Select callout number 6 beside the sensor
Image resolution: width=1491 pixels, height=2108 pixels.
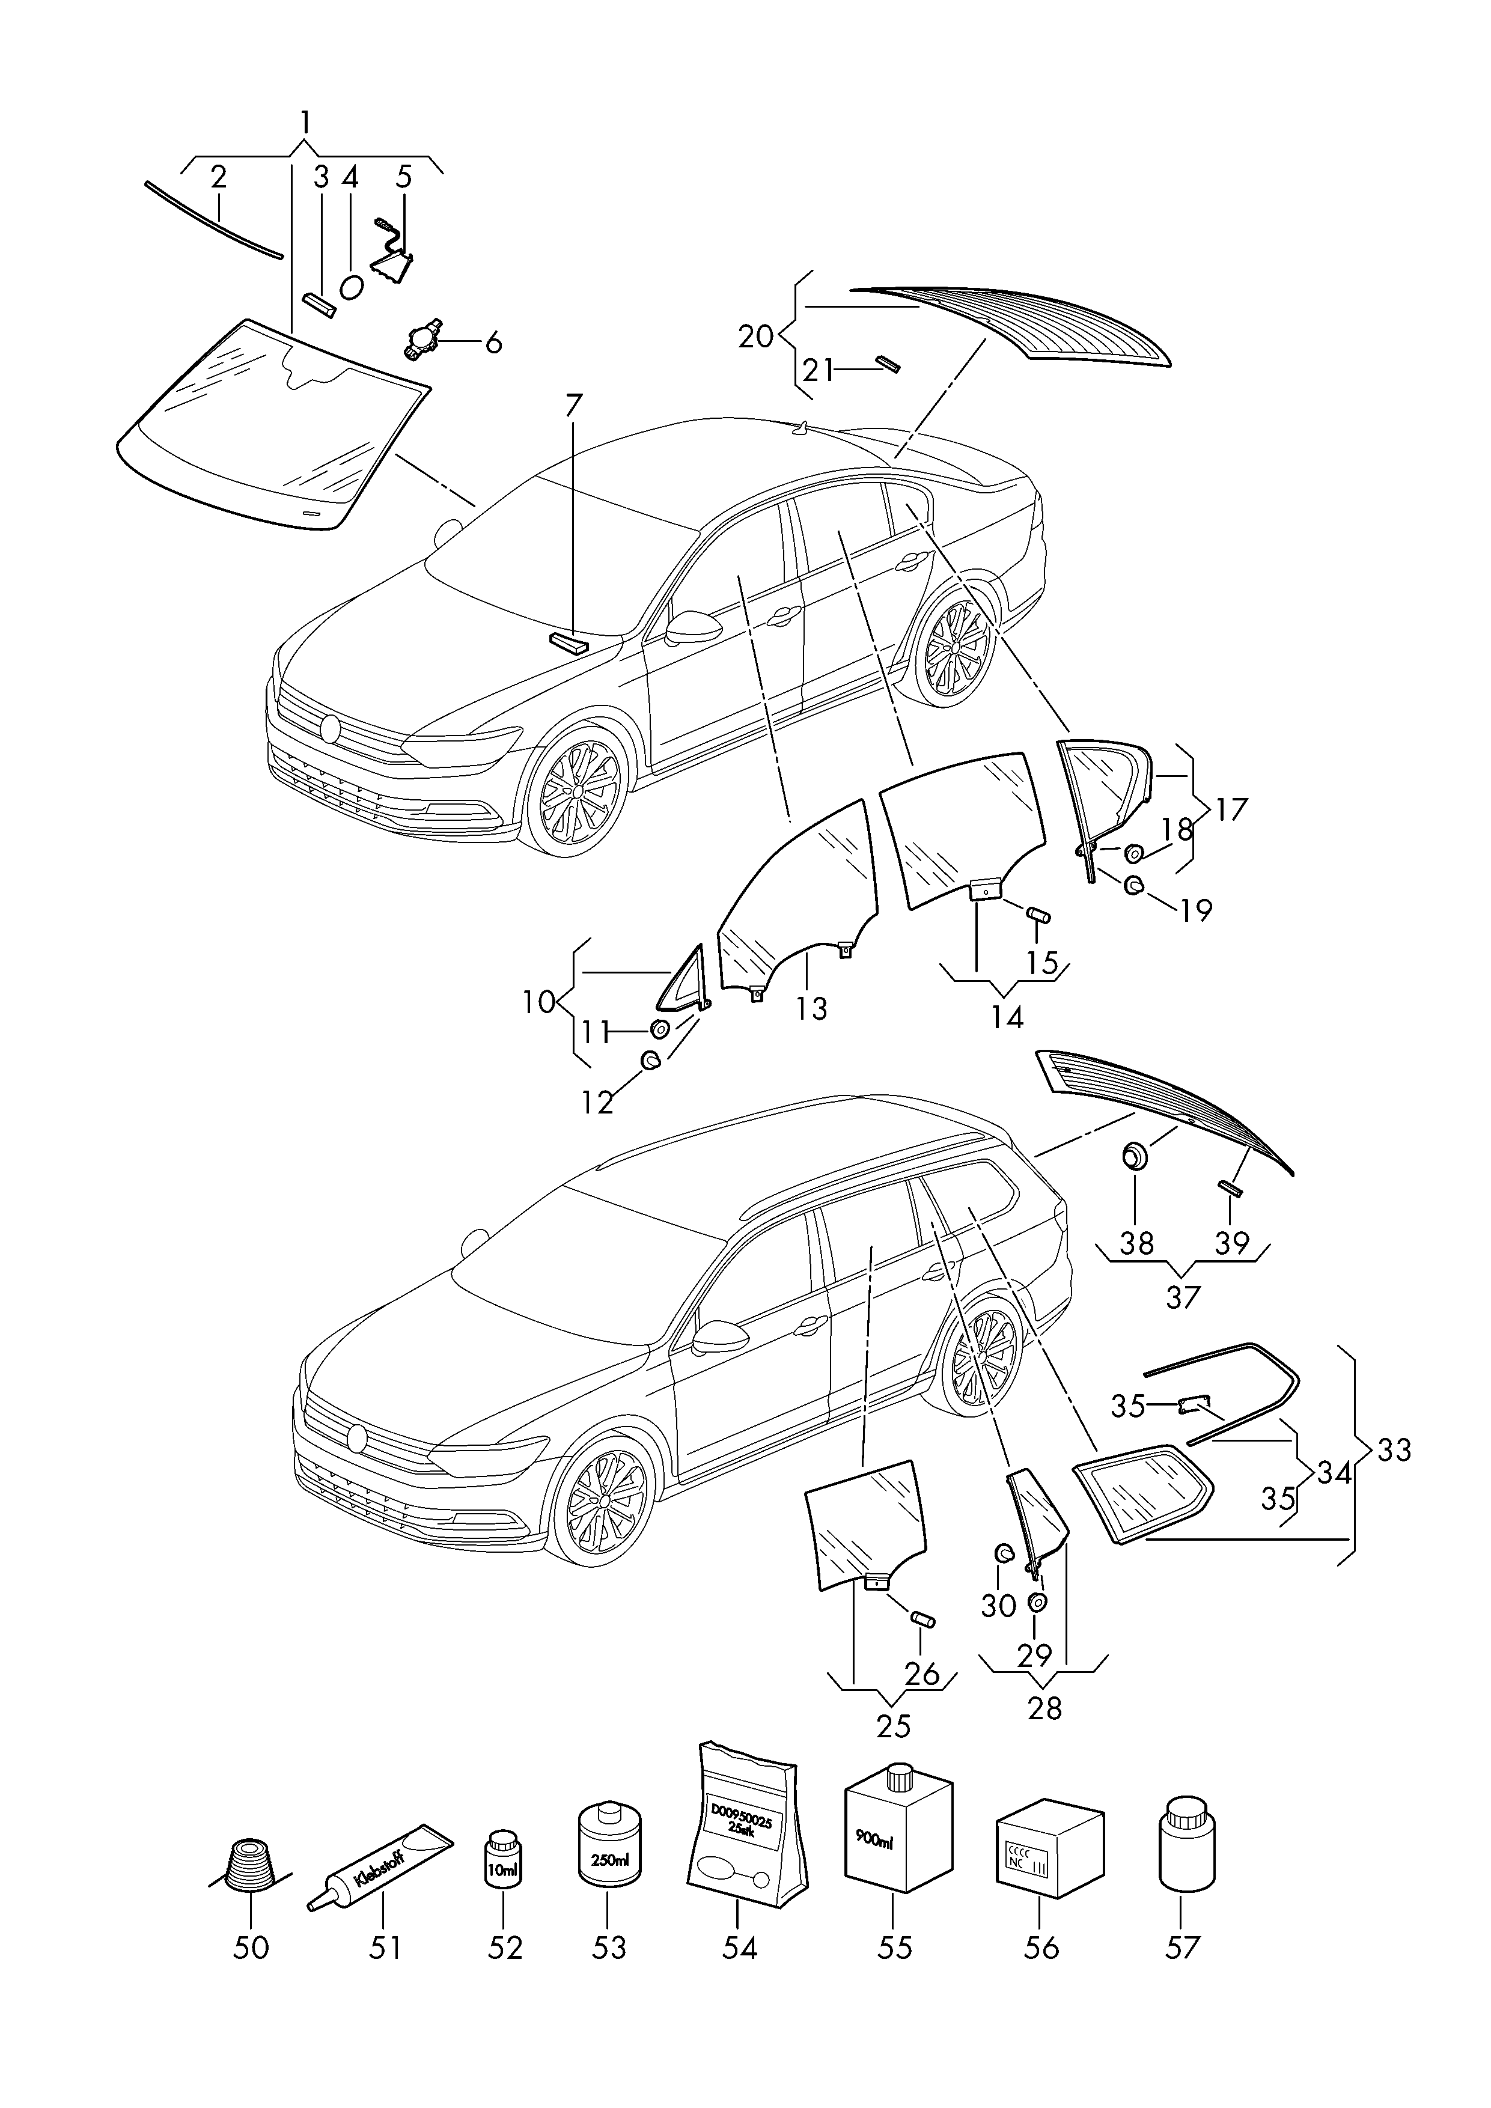click(493, 343)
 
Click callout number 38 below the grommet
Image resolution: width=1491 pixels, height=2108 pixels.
click(1136, 1243)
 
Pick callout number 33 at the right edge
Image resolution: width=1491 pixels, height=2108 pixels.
click(1393, 1451)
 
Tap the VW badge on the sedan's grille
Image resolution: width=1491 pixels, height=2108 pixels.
click(329, 729)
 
